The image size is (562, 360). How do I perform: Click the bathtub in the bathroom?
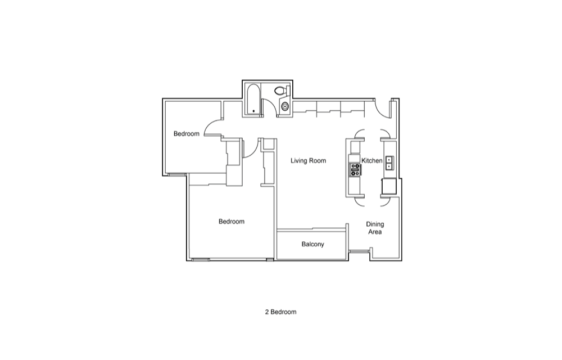253,100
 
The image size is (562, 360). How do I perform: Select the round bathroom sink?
285,106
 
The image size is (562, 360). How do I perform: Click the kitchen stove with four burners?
355,169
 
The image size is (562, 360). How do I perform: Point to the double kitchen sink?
389,163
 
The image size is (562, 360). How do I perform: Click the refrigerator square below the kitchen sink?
389,186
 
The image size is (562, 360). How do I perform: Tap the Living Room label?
308,161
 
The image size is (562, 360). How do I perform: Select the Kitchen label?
371,161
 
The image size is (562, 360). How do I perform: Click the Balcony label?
312,244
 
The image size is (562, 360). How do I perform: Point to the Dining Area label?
375,228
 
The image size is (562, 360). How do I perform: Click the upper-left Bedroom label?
187,134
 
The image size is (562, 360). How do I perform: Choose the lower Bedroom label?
232,222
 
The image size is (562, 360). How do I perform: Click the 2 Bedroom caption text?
280,312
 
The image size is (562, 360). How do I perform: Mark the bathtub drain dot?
254,111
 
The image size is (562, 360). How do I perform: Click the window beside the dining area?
359,251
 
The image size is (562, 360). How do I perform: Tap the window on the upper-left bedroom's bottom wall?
177,174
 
